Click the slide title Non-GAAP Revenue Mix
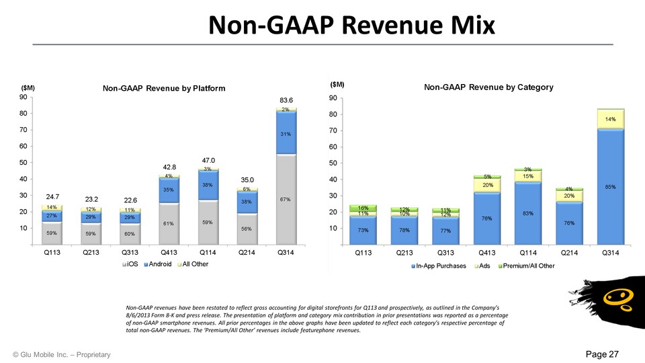click(x=351, y=25)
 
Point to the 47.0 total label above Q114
click(x=208, y=160)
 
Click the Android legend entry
click(x=161, y=264)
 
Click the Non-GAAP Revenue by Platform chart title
click(x=163, y=88)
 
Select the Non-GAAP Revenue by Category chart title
click(x=488, y=87)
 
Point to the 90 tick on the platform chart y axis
click(x=22, y=97)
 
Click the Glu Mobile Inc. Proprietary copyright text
click(x=61, y=354)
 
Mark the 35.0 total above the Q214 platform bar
click(x=248, y=180)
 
